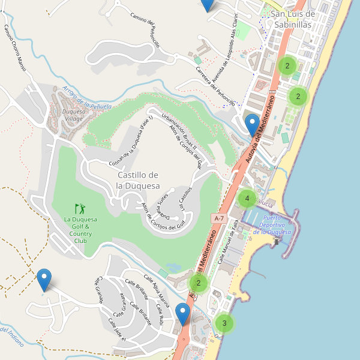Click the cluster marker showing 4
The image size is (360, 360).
click(x=246, y=199)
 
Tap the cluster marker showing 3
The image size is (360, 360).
click(x=224, y=323)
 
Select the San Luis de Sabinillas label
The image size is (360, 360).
click(x=293, y=19)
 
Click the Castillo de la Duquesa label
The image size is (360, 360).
click(x=138, y=180)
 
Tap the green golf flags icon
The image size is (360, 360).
click(x=80, y=209)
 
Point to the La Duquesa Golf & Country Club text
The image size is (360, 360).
click(x=81, y=230)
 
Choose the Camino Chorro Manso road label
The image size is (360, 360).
click(x=15, y=49)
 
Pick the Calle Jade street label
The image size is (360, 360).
click(x=116, y=330)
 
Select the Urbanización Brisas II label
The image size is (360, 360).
click(x=172, y=127)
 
